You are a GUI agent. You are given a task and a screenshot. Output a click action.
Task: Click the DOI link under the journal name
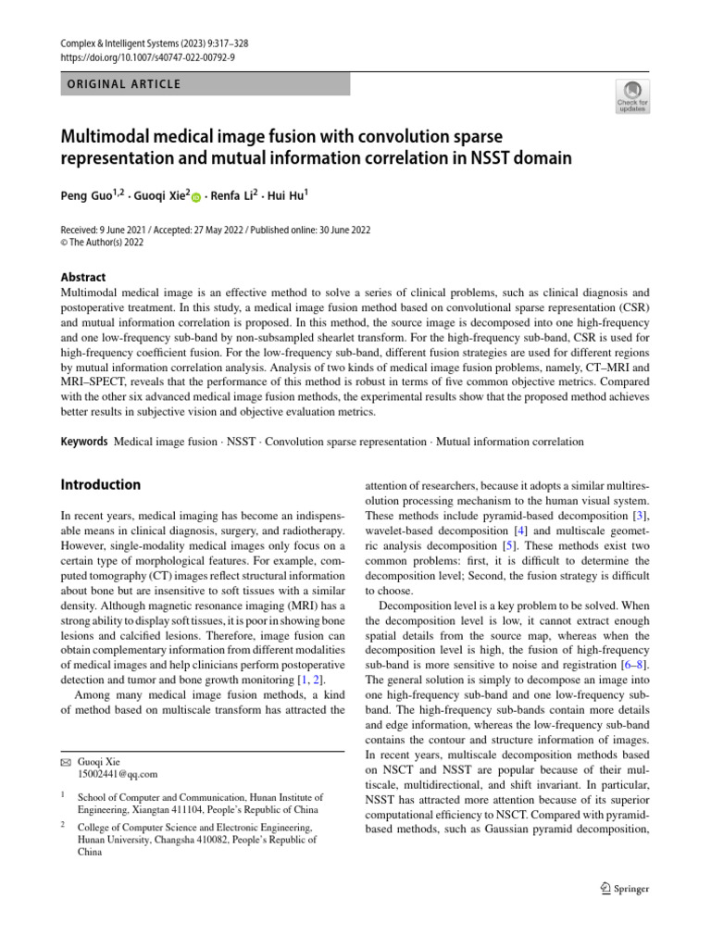click(147, 57)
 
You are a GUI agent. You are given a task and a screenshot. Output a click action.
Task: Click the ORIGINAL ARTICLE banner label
click(120, 84)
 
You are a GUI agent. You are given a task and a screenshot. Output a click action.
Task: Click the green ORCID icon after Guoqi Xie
click(196, 197)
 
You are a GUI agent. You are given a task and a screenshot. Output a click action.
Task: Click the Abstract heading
click(83, 277)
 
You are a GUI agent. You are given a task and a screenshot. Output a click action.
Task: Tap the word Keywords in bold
click(83, 442)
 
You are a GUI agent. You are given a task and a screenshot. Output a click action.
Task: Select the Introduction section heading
click(100, 485)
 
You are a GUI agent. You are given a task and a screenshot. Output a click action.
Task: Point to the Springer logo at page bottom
click(619, 889)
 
